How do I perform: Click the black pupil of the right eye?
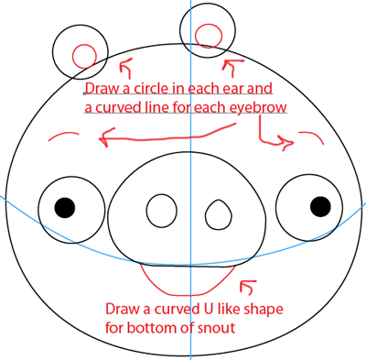(x=319, y=204)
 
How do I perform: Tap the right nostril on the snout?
(x=218, y=214)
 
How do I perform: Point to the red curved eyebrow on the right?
(x=309, y=134)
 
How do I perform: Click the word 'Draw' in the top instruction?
(x=100, y=90)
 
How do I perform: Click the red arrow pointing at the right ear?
(x=233, y=66)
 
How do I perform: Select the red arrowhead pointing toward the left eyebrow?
(x=102, y=140)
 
